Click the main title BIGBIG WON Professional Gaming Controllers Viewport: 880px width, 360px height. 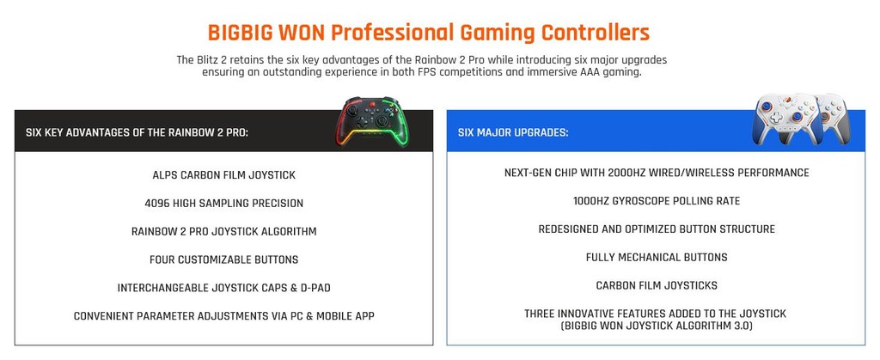coord(428,33)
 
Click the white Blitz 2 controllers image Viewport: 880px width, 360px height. coord(795,119)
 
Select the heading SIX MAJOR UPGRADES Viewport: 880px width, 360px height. coord(512,133)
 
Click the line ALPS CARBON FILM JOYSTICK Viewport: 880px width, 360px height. coord(223,175)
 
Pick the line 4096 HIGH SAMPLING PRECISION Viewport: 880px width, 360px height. coord(223,204)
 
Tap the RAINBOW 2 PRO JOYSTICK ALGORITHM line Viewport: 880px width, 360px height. coord(223,231)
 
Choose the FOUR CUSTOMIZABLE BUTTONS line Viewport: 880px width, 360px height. coord(223,259)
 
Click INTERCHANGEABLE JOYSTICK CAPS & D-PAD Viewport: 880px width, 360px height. coord(223,288)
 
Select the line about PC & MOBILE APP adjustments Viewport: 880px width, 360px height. coord(223,316)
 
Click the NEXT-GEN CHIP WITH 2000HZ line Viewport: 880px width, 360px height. coord(657,173)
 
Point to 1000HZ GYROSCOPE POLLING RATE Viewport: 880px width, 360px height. coord(657,201)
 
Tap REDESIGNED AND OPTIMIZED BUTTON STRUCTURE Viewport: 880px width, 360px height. coord(657,229)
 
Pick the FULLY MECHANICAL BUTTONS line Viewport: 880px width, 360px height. coord(657,257)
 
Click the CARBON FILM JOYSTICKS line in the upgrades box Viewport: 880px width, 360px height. coord(657,285)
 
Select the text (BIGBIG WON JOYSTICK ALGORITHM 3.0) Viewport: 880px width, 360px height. coord(657,326)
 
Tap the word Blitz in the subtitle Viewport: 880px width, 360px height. coord(210,60)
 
